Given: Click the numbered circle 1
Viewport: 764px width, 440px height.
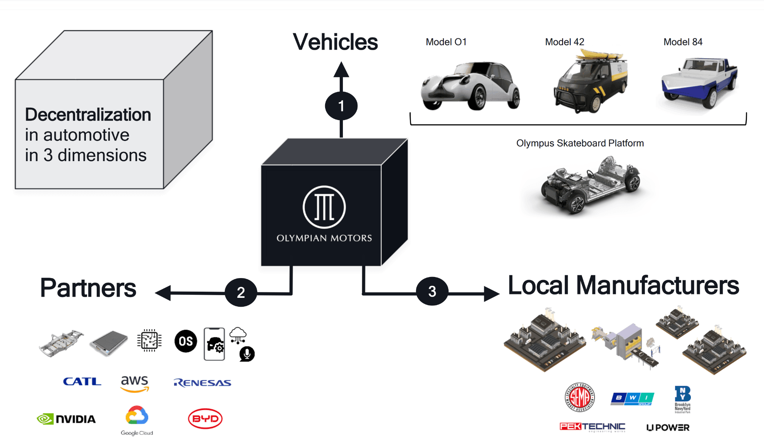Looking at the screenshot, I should pyautogui.click(x=341, y=106).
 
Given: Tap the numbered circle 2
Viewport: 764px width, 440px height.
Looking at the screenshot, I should pyautogui.click(x=241, y=292).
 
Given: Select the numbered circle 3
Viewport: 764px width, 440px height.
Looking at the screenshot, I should pyautogui.click(x=432, y=291).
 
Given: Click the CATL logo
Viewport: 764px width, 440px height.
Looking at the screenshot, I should pyautogui.click(x=82, y=382).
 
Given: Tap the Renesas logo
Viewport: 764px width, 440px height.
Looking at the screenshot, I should pyautogui.click(x=202, y=383).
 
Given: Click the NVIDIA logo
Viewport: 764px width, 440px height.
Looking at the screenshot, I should pyautogui.click(x=66, y=419).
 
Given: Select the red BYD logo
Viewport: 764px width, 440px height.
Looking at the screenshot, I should pyautogui.click(x=205, y=419).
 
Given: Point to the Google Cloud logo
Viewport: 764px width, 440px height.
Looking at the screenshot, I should pyautogui.click(x=137, y=420).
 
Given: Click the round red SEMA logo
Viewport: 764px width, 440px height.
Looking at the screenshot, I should pyautogui.click(x=579, y=397).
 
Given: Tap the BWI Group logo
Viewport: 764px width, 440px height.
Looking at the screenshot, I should pyautogui.click(x=632, y=398).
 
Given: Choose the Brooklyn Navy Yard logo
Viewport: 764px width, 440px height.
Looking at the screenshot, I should pyautogui.click(x=682, y=399).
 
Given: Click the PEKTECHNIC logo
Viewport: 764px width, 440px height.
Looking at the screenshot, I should pyautogui.click(x=592, y=427).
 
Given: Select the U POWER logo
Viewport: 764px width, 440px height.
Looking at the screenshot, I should pyautogui.click(x=668, y=428).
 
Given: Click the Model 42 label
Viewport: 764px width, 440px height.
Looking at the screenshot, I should pyautogui.click(x=564, y=42).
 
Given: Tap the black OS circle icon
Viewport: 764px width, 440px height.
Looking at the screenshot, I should pyautogui.click(x=186, y=341).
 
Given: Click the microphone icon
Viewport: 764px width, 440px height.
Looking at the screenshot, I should pyautogui.click(x=247, y=354).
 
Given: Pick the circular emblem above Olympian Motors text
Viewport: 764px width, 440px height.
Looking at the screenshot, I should pyautogui.click(x=324, y=207).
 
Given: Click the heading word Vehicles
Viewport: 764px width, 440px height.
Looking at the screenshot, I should pyautogui.click(x=335, y=42).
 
